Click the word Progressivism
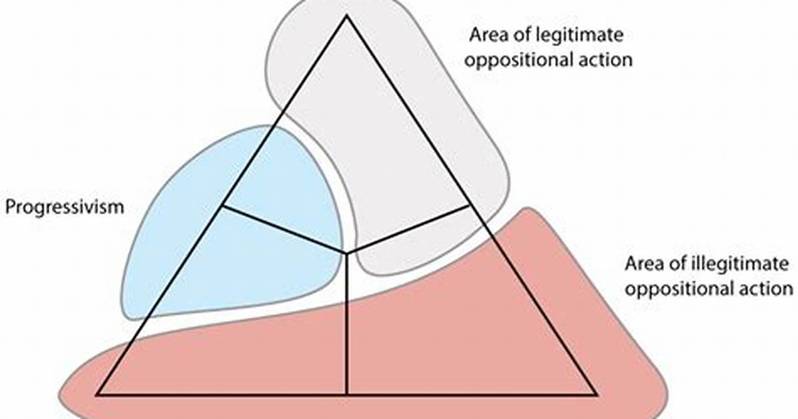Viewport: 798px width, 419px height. tap(65, 207)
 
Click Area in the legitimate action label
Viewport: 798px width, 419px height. tap(486, 35)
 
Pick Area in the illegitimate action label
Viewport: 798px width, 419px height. tap(642, 264)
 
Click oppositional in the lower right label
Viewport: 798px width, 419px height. tap(677, 289)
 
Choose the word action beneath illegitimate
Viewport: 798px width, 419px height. tap(763, 289)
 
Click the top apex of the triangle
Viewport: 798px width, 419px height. tap(347, 16)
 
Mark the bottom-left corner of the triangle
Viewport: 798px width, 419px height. tap(97, 394)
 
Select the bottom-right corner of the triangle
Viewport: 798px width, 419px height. tap(596, 394)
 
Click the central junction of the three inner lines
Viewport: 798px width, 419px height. tap(347, 252)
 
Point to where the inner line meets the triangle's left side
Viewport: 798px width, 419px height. tap(223, 205)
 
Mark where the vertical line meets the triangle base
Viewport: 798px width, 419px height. tap(347, 394)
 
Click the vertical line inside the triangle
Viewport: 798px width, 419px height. tap(347, 324)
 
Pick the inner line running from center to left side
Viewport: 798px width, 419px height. tap(285, 229)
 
